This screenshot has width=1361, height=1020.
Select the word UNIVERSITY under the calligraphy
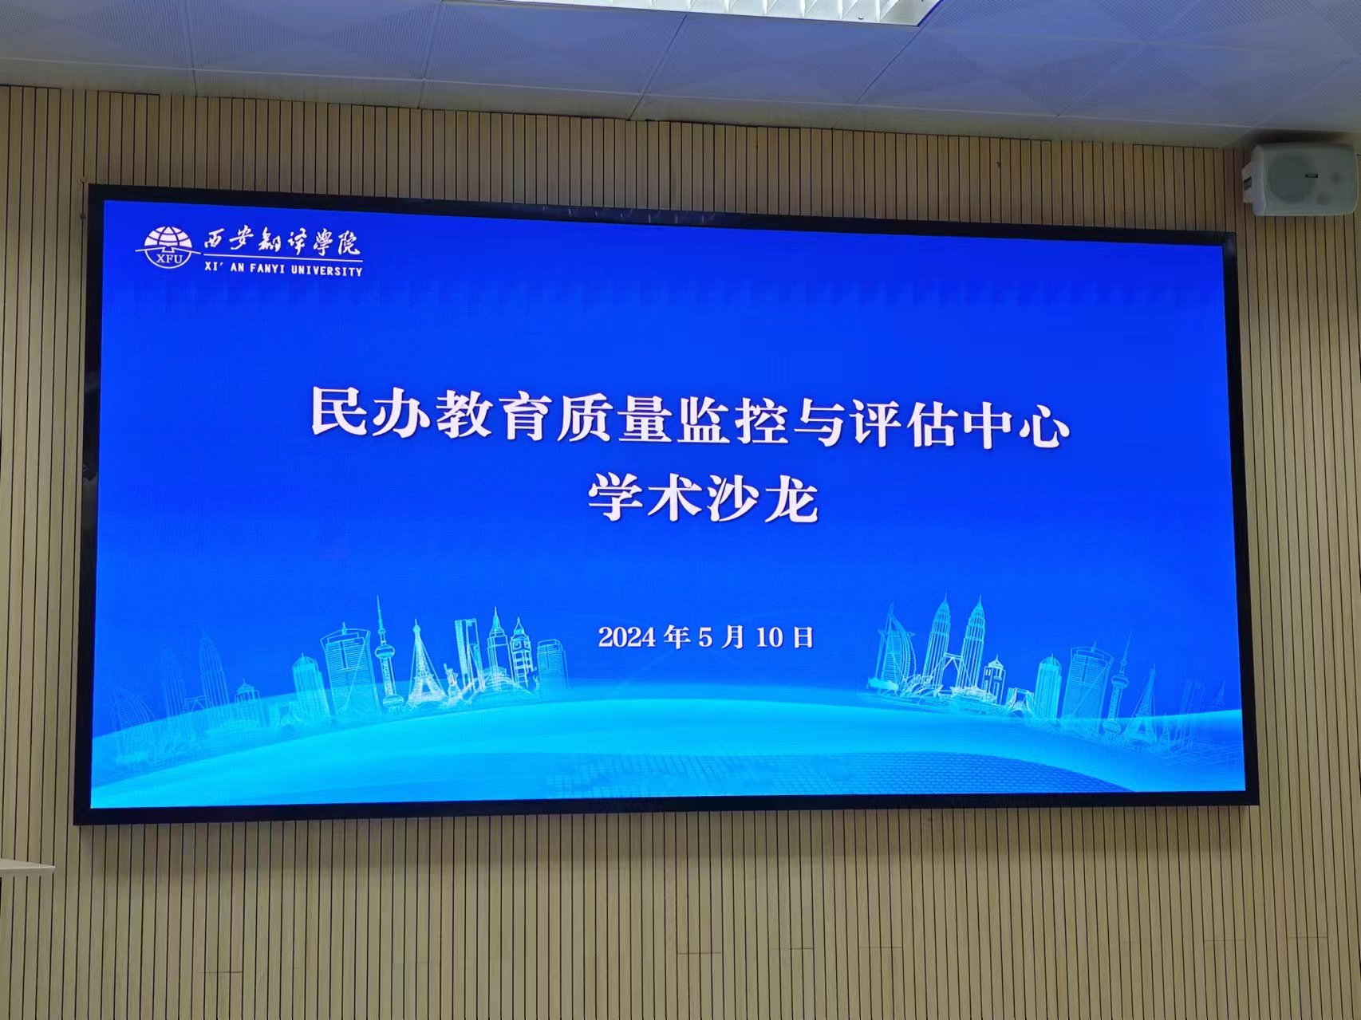click(x=326, y=270)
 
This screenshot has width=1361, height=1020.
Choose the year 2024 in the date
click(x=627, y=637)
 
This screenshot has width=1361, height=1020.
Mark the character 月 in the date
click(x=732, y=637)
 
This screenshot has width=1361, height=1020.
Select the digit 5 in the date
click(x=704, y=638)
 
